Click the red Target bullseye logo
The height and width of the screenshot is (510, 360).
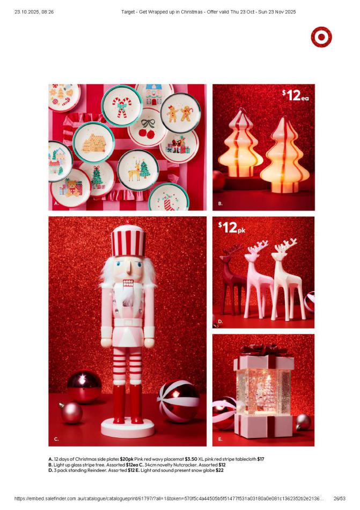click(x=321, y=37)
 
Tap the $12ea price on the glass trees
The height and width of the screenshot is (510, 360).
click(x=295, y=96)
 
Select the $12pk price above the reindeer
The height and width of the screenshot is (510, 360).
click(x=232, y=228)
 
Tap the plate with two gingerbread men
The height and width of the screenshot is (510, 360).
click(x=180, y=113)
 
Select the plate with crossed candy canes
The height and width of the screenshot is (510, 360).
click(x=121, y=106)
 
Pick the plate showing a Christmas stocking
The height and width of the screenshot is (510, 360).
click(x=168, y=198)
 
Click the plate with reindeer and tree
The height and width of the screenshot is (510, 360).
click(x=138, y=170)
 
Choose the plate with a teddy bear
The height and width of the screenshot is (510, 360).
click(x=70, y=188)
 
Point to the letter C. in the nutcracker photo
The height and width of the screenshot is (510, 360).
click(x=56, y=439)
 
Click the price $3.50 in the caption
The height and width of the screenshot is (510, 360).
click(x=191, y=459)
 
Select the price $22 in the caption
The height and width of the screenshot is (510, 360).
click(x=219, y=470)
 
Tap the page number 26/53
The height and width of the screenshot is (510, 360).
click(x=340, y=498)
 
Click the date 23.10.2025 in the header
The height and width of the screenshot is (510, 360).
click(x=26, y=12)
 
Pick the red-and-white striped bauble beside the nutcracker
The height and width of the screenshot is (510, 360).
click(x=178, y=402)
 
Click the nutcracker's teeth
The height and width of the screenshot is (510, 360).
click(x=128, y=282)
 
